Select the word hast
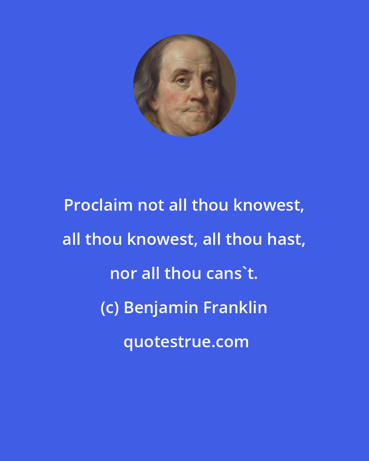click(285, 239)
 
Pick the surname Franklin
click(235, 308)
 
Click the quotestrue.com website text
click(186, 342)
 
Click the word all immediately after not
click(180, 206)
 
